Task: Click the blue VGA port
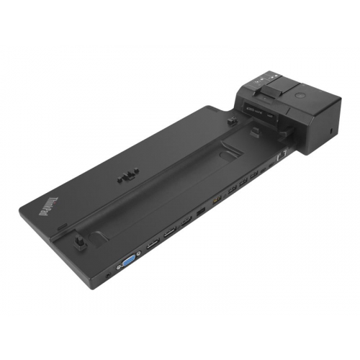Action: pyautogui.click(x=129, y=260)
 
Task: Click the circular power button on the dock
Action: pyautogui.click(x=299, y=95)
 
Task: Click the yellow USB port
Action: pyautogui.click(x=215, y=200)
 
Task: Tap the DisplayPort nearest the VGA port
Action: pyautogui.click(x=153, y=245)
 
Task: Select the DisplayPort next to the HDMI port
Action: pyautogui.click(x=171, y=233)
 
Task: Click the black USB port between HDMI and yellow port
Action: pyautogui.click(x=200, y=212)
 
